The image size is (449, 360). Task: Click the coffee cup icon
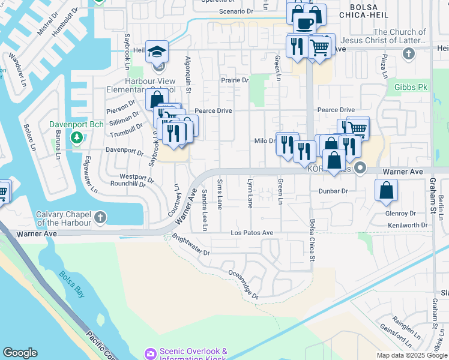pyautogui.click(x=305, y=24)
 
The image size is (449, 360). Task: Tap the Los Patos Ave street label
pyautogui.click(x=252, y=233)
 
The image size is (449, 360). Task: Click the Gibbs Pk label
pyautogui.click(x=411, y=87)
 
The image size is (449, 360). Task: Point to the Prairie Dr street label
pyautogui.click(x=235, y=80)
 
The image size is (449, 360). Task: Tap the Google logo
pyautogui.click(x=20, y=353)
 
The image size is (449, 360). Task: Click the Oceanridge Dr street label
pyautogui.click(x=243, y=284)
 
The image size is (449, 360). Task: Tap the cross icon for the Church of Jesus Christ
pyautogui.click(x=409, y=55)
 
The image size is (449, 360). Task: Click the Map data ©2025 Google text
pyautogui.click(x=411, y=355)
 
